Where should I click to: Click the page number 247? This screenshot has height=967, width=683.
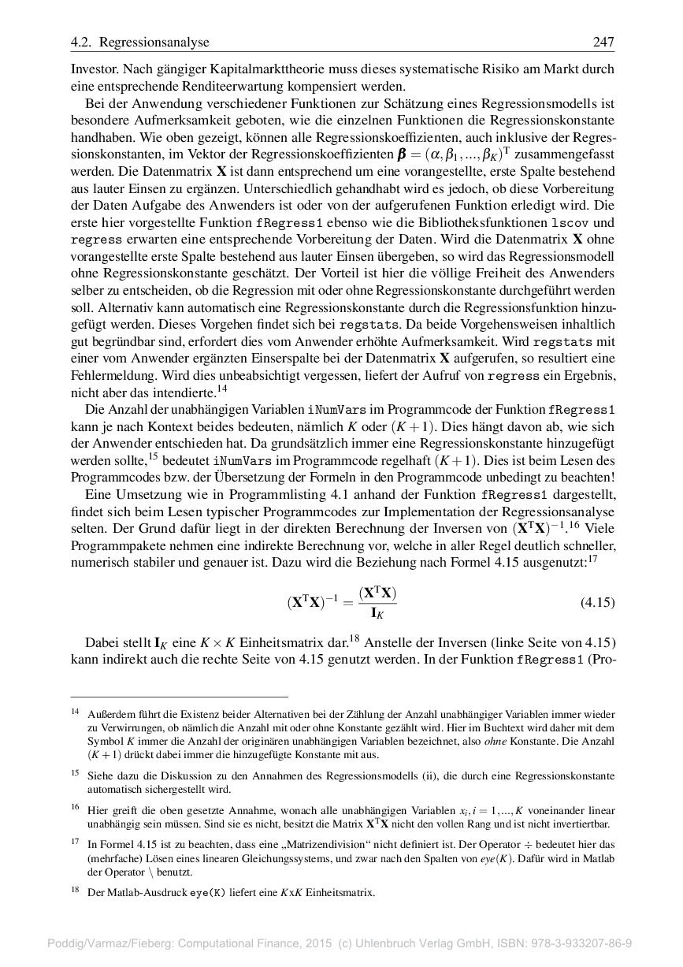(x=603, y=43)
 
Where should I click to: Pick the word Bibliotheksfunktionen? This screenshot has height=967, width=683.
(x=482, y=223)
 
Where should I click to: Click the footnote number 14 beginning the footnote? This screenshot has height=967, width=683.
(x=75, y=712)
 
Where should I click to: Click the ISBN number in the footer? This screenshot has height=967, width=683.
(x=582, y=943)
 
